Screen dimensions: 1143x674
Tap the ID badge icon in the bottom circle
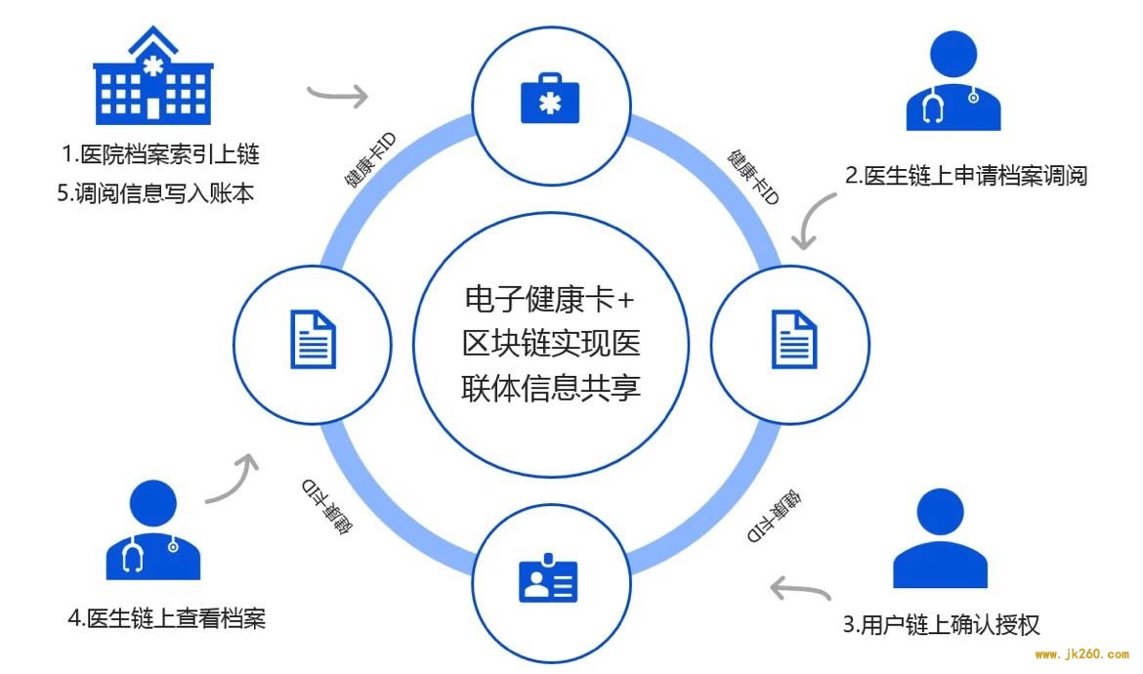coord(548,578)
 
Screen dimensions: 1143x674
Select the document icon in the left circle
coord(314,340)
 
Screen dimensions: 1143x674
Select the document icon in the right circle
coord(794,340)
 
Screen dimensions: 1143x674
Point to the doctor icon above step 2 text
coord(953,81)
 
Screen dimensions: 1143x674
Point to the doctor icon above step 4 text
coord(153,529)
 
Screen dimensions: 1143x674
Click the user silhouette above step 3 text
coord(941,538)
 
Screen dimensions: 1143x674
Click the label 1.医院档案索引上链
coord(160,154)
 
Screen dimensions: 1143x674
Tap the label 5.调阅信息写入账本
coord(155,193)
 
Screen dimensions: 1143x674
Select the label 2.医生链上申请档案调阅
coord(966,176)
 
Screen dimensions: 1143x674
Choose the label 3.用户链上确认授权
coord(941,624)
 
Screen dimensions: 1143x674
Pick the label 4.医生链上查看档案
coord(167,618)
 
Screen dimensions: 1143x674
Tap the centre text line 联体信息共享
coord(550,388)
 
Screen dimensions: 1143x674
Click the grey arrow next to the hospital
coord(337,93)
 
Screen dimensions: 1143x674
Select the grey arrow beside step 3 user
coord(800,589)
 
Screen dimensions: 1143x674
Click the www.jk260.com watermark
coord(1081,654)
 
